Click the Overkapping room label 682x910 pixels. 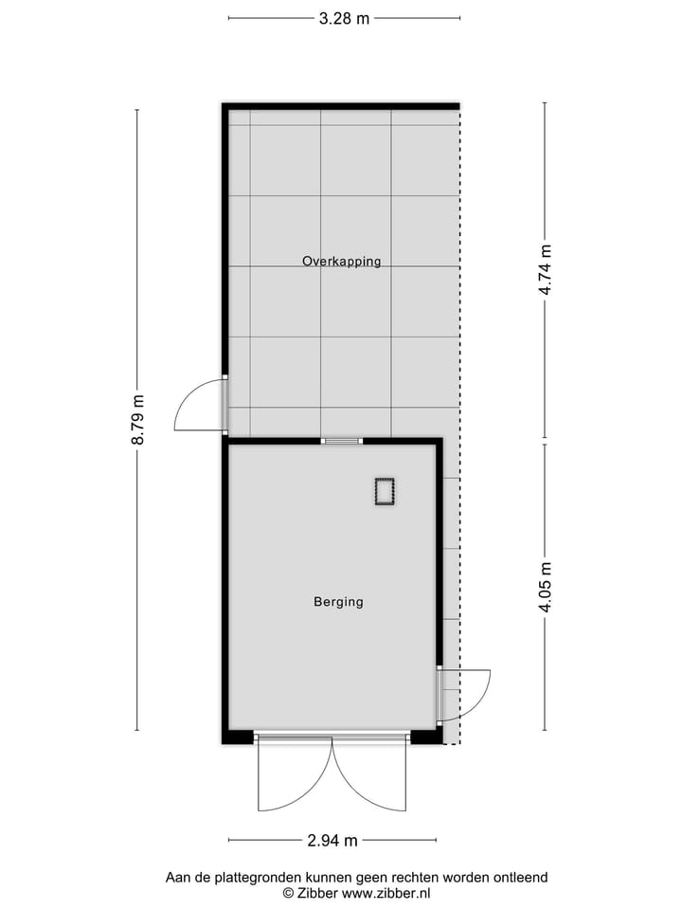[x=341, y=261]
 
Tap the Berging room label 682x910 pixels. [x=338, y=601]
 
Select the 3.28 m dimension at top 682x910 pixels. [x=344, y=18]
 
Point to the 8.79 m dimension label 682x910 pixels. [x=138, y=420]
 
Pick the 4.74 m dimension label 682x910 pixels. [x=546, y=270]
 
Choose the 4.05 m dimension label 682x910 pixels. [x=546, y=587]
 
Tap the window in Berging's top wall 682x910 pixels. [x=341, y=441]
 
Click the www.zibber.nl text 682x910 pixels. [x=386, y=893]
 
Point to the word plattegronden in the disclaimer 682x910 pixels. [x=257, y=878]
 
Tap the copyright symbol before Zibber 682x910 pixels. [x=288, y=893]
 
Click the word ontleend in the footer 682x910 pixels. [x=521, y=878]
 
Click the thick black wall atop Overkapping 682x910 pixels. [x=341, y=107]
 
